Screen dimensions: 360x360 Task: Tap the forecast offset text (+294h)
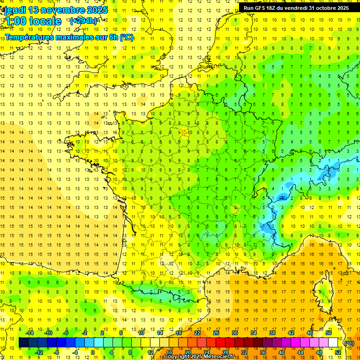click(x=83, y=21)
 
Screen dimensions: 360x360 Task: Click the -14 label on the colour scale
click(x=30, y=333)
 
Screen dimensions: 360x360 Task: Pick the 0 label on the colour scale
click(x=92, y=352)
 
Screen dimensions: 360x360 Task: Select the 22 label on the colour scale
click(x=197, y=333)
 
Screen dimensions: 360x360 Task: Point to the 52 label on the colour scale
click(x=338, y=352)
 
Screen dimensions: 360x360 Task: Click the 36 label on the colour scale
click(x=263, y=352)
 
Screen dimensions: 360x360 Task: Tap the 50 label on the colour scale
click(x=329, y=333)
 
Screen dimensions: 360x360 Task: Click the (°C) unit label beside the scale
click(x=349, y=343)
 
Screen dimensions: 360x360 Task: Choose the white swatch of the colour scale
click(x=333, y=343)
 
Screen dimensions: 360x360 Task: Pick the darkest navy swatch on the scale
click(x=24, y=343)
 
